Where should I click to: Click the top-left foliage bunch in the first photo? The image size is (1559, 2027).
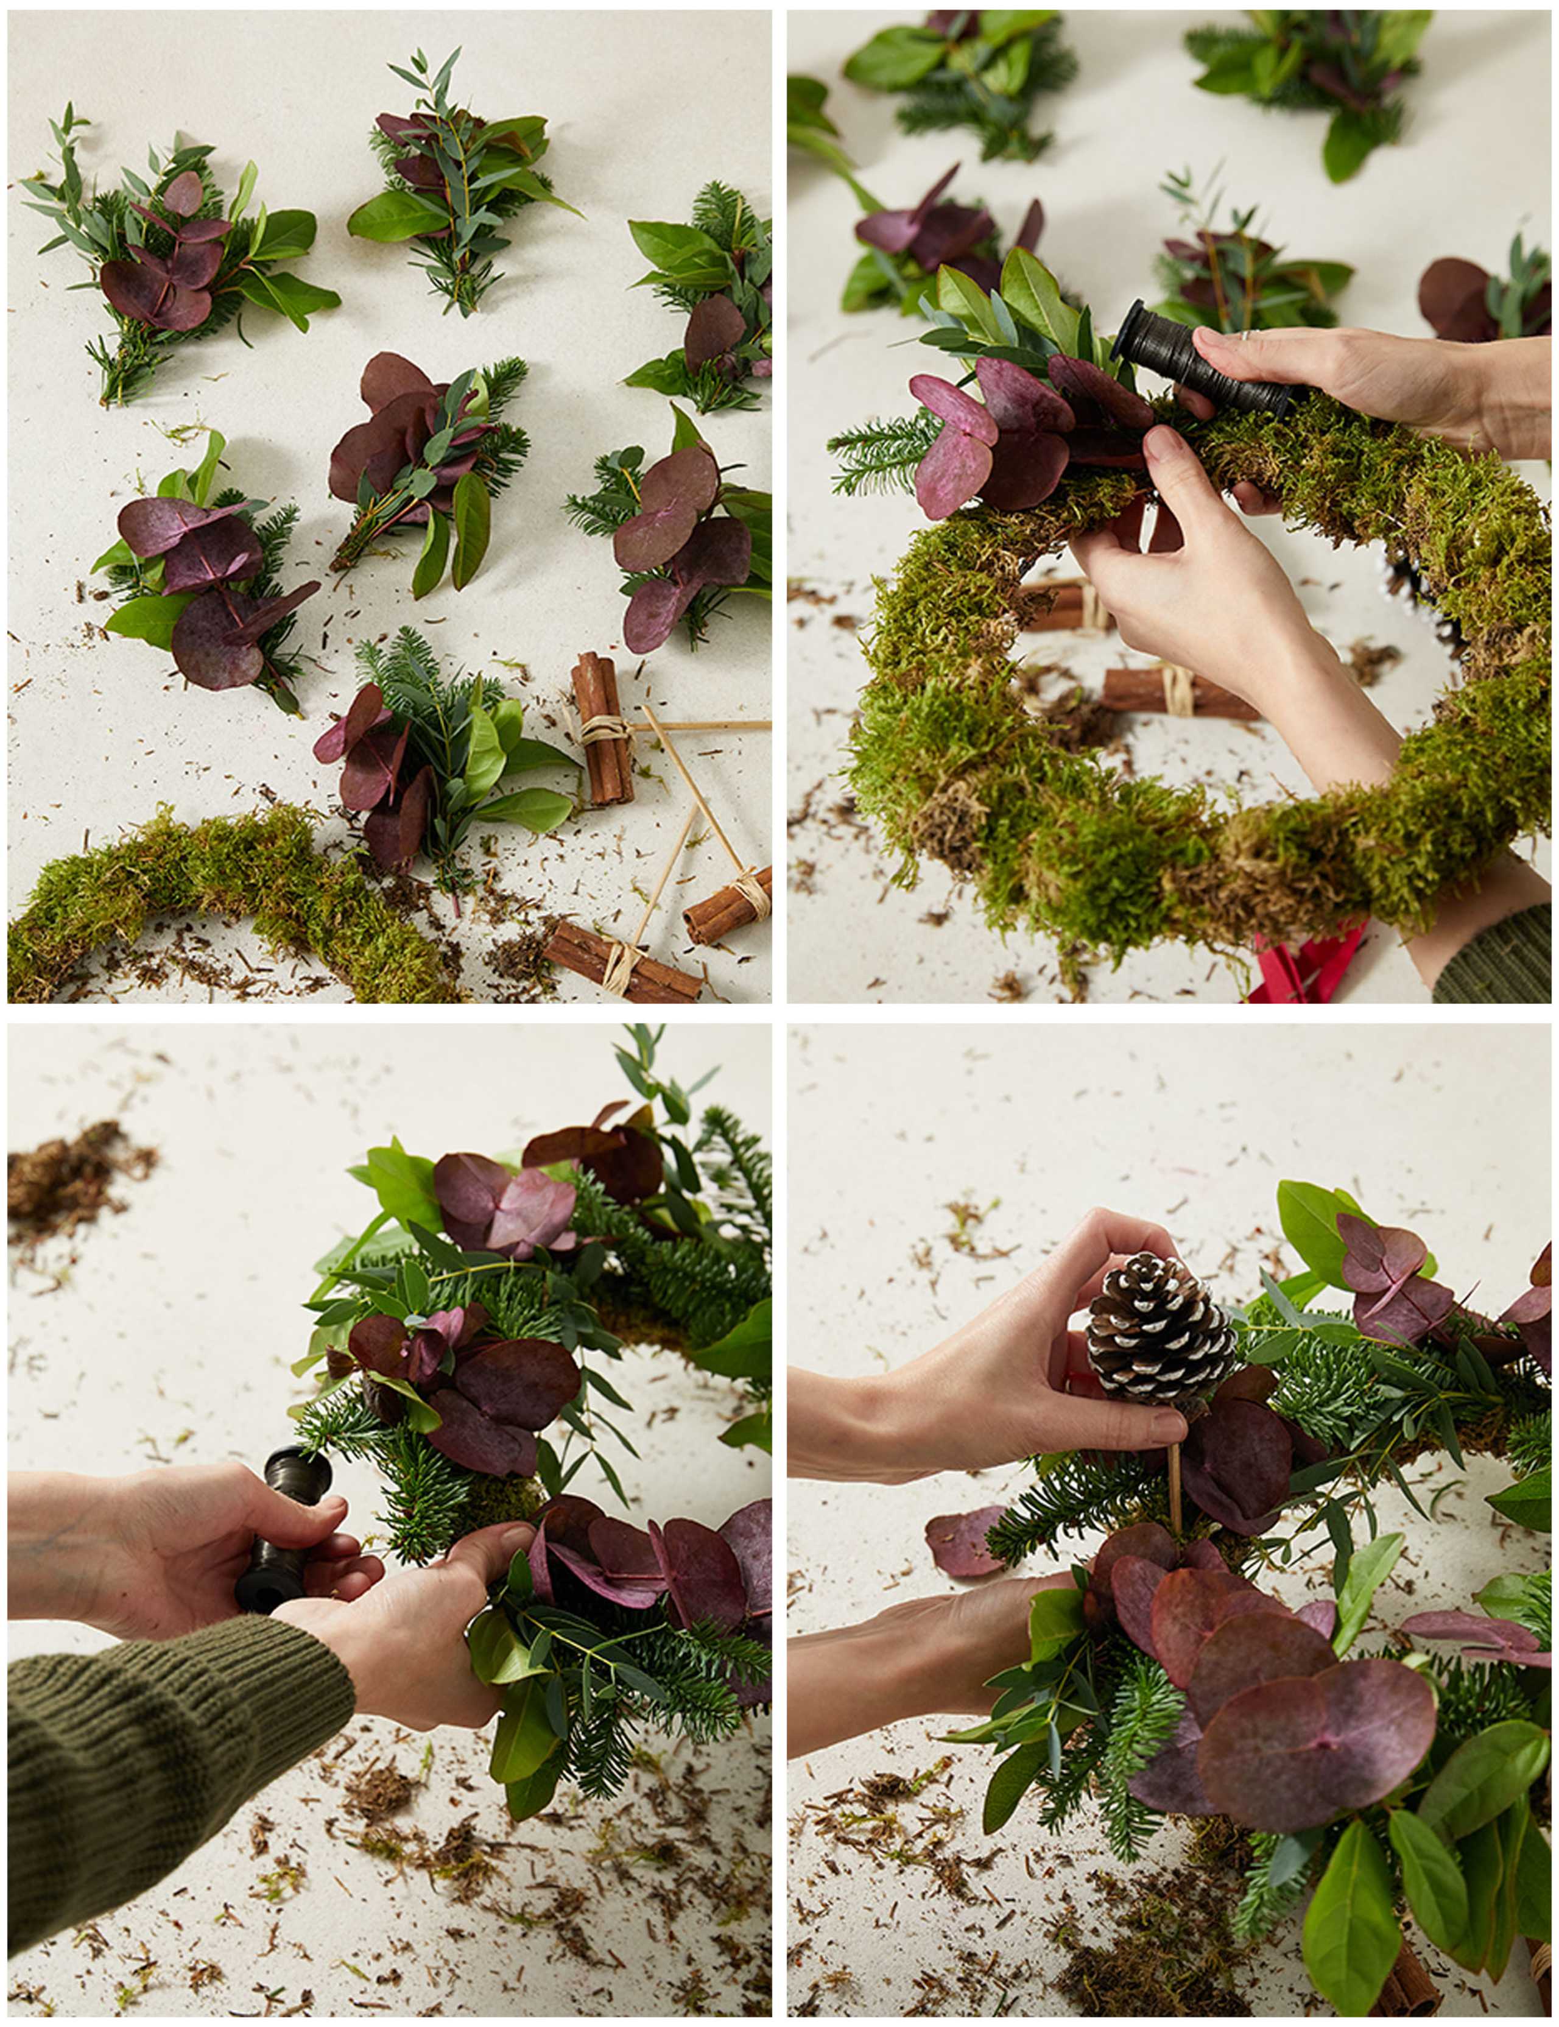[177, 250]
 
